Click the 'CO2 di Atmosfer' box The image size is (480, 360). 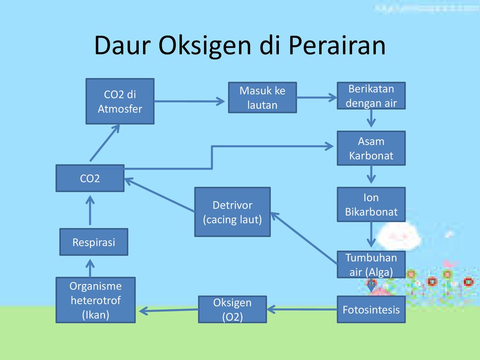[x=120, y=101]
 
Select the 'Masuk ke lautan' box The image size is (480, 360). [x=262, y=97]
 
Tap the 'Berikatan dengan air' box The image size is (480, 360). [x=371, y=96]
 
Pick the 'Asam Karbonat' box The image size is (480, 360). [x=371, y=148]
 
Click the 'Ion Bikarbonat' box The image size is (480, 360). [x=371, y=204]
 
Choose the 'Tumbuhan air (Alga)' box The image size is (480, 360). [x=371, y=264]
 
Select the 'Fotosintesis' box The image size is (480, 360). [x=371, y=309]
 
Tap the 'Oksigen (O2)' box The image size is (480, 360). [x=232, y=309]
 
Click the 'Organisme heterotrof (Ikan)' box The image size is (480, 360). [x=96, y=300]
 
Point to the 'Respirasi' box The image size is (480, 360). [x=94, y=242]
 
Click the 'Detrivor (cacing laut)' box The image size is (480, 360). [x=232, y=212]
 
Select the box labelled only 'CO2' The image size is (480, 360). [x=90, y=178]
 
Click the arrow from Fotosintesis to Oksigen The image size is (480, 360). [x=302, y=309]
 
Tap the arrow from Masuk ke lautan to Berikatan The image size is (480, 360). [x=317, y=98]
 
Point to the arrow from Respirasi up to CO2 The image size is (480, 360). [x=90, y=210]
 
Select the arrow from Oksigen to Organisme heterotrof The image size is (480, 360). [x=169, y=310]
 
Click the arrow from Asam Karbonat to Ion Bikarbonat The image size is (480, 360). [x=371, y=174]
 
